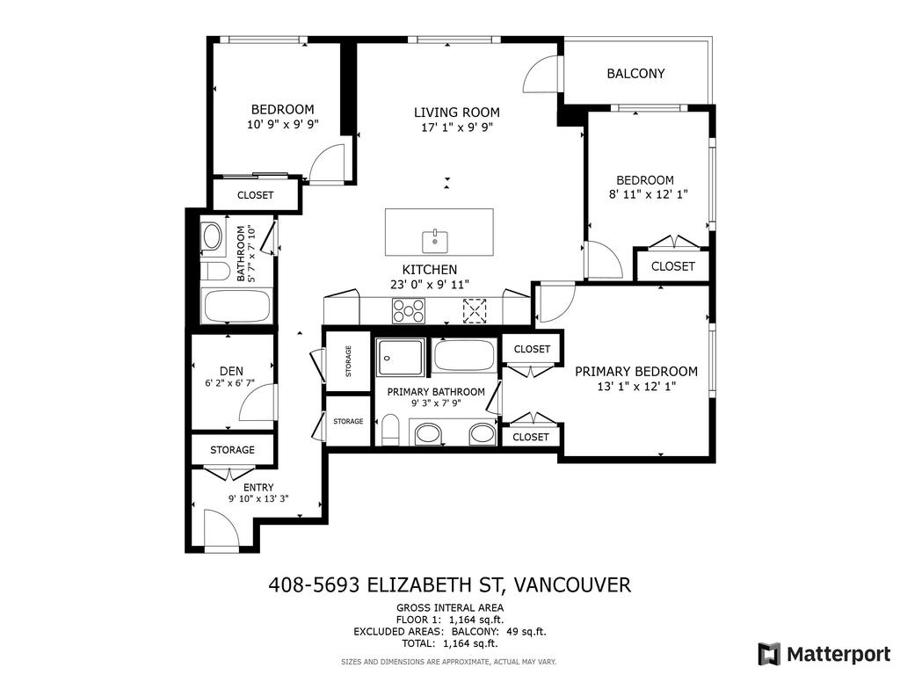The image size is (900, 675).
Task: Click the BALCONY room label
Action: (635, 74)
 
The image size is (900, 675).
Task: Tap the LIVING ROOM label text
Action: (456, 112)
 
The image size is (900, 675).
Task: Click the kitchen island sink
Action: (435, 238)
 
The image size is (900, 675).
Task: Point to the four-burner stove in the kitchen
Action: (409, 310)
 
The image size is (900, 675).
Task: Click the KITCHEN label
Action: (429, 270)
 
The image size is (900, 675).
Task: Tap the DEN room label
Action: (231, 371)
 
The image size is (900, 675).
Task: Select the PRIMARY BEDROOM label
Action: (635, 372)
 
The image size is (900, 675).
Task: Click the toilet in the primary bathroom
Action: (391, 431)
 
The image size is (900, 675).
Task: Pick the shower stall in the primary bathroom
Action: (401, 358)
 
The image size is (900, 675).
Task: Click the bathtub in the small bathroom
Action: (236, 307)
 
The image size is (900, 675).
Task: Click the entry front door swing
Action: (220, 529)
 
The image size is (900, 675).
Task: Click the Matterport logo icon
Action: (769, 654)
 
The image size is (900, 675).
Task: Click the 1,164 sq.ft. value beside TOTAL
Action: (473, 642)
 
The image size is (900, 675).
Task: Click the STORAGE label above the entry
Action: (232, 450)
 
